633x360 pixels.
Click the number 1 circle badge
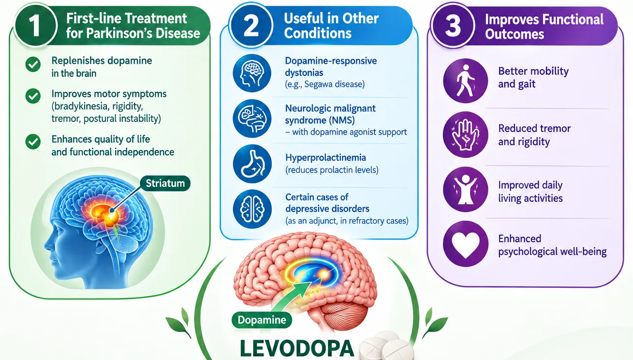[x=35, y=25]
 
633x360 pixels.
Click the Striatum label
[x=165, y=183]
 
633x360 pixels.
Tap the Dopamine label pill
[x=262, y=320]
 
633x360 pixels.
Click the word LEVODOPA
[x=296, y=349]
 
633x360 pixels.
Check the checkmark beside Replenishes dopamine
[x=33, y=64]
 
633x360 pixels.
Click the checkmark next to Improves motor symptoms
[x=33, y=96]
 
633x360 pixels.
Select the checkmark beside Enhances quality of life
[x=33, y=141]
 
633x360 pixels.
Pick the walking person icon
[x=465, y=81]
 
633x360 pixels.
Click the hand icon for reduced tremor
[x=465, y=135]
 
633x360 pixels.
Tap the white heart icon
[x=465, y=244]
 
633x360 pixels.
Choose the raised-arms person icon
[x=465, y=189]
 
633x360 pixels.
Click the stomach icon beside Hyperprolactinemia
[x=252, y=164]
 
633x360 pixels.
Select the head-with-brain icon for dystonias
[x=252, y=73]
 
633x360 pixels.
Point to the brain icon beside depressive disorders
[x=252, y=209]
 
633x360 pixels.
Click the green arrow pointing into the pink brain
[x=292, y=296]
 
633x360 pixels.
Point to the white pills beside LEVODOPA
[x=386, y=346]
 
